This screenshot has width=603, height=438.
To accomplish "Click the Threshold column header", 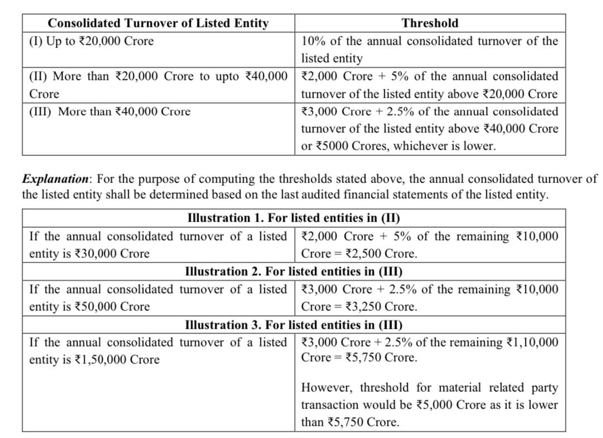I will (x=430, y=23).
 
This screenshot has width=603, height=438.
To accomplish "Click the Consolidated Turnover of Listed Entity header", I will (x=158, y=23).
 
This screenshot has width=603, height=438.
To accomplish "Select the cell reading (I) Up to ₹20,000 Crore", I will (x=91, y=41).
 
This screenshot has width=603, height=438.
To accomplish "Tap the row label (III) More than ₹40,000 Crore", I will (x=109, y=112).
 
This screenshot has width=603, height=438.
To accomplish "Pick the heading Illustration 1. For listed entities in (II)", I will (x=293, y=218).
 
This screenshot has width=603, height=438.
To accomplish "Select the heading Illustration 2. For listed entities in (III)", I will (x=293, y=271).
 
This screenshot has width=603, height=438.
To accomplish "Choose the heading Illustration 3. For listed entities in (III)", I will (x=293, y=325).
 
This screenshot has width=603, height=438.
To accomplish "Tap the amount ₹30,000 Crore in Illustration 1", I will (x=112, y=254).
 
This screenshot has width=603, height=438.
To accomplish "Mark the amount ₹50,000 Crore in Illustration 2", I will (x=112, y=307).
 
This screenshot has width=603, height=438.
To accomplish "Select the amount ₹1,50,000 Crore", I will (x=117, y=360).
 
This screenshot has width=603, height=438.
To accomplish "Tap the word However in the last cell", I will (x=327, y=388).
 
